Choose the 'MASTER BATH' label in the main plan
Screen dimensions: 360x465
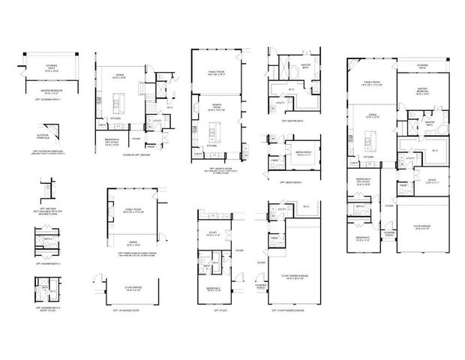(x=430, y=121)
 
